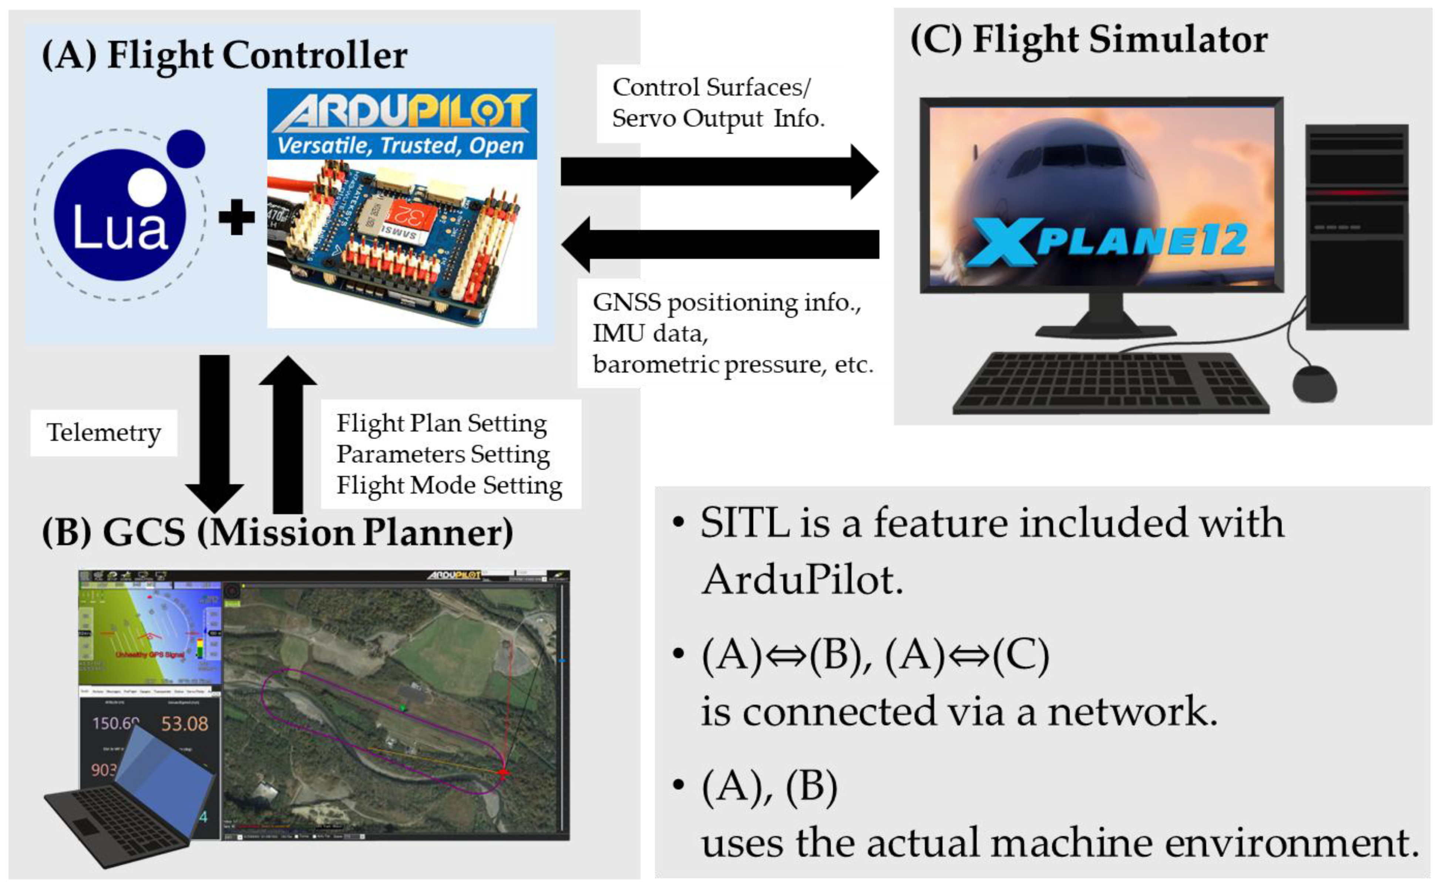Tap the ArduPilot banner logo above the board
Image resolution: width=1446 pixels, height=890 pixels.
[402, 124]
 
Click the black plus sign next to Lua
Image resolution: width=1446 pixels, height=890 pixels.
[237, 217]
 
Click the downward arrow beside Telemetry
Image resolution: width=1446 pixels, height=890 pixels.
[215, 433]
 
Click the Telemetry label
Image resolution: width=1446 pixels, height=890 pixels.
[104, 433]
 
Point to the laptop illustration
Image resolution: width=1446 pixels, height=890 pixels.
[130, 800]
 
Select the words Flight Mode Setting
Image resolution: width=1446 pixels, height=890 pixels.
[449, 486]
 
